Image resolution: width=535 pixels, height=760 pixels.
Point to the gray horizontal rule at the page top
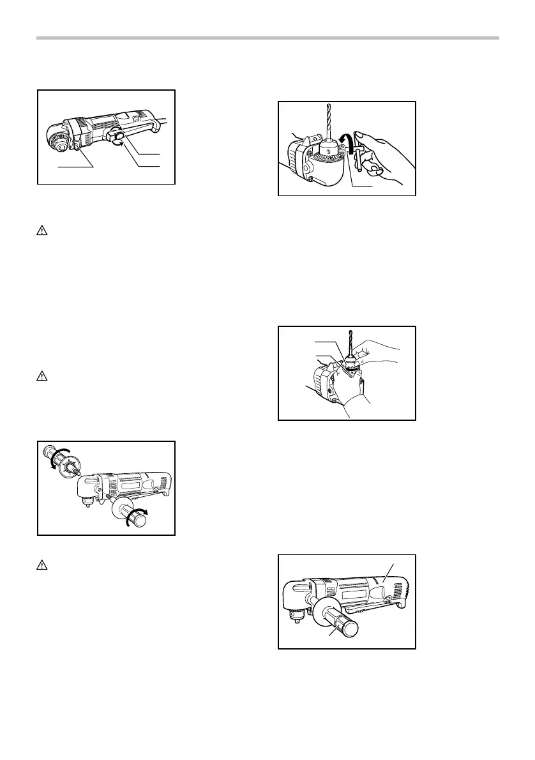pos(267,38)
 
